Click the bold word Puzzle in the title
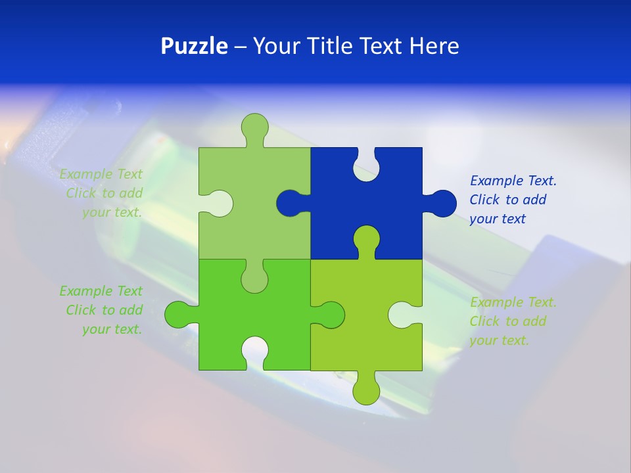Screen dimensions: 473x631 195,47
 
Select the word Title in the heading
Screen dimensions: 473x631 333,47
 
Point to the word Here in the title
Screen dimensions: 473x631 434,47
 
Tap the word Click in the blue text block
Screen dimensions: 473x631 484,200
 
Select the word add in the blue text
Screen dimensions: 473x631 535,200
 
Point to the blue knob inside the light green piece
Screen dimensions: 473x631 290,203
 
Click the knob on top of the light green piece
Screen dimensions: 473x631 255,127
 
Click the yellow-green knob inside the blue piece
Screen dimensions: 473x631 366,239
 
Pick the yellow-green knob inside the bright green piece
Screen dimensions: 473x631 331,315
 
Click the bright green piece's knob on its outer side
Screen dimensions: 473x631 177,315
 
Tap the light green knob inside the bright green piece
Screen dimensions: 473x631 255,279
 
